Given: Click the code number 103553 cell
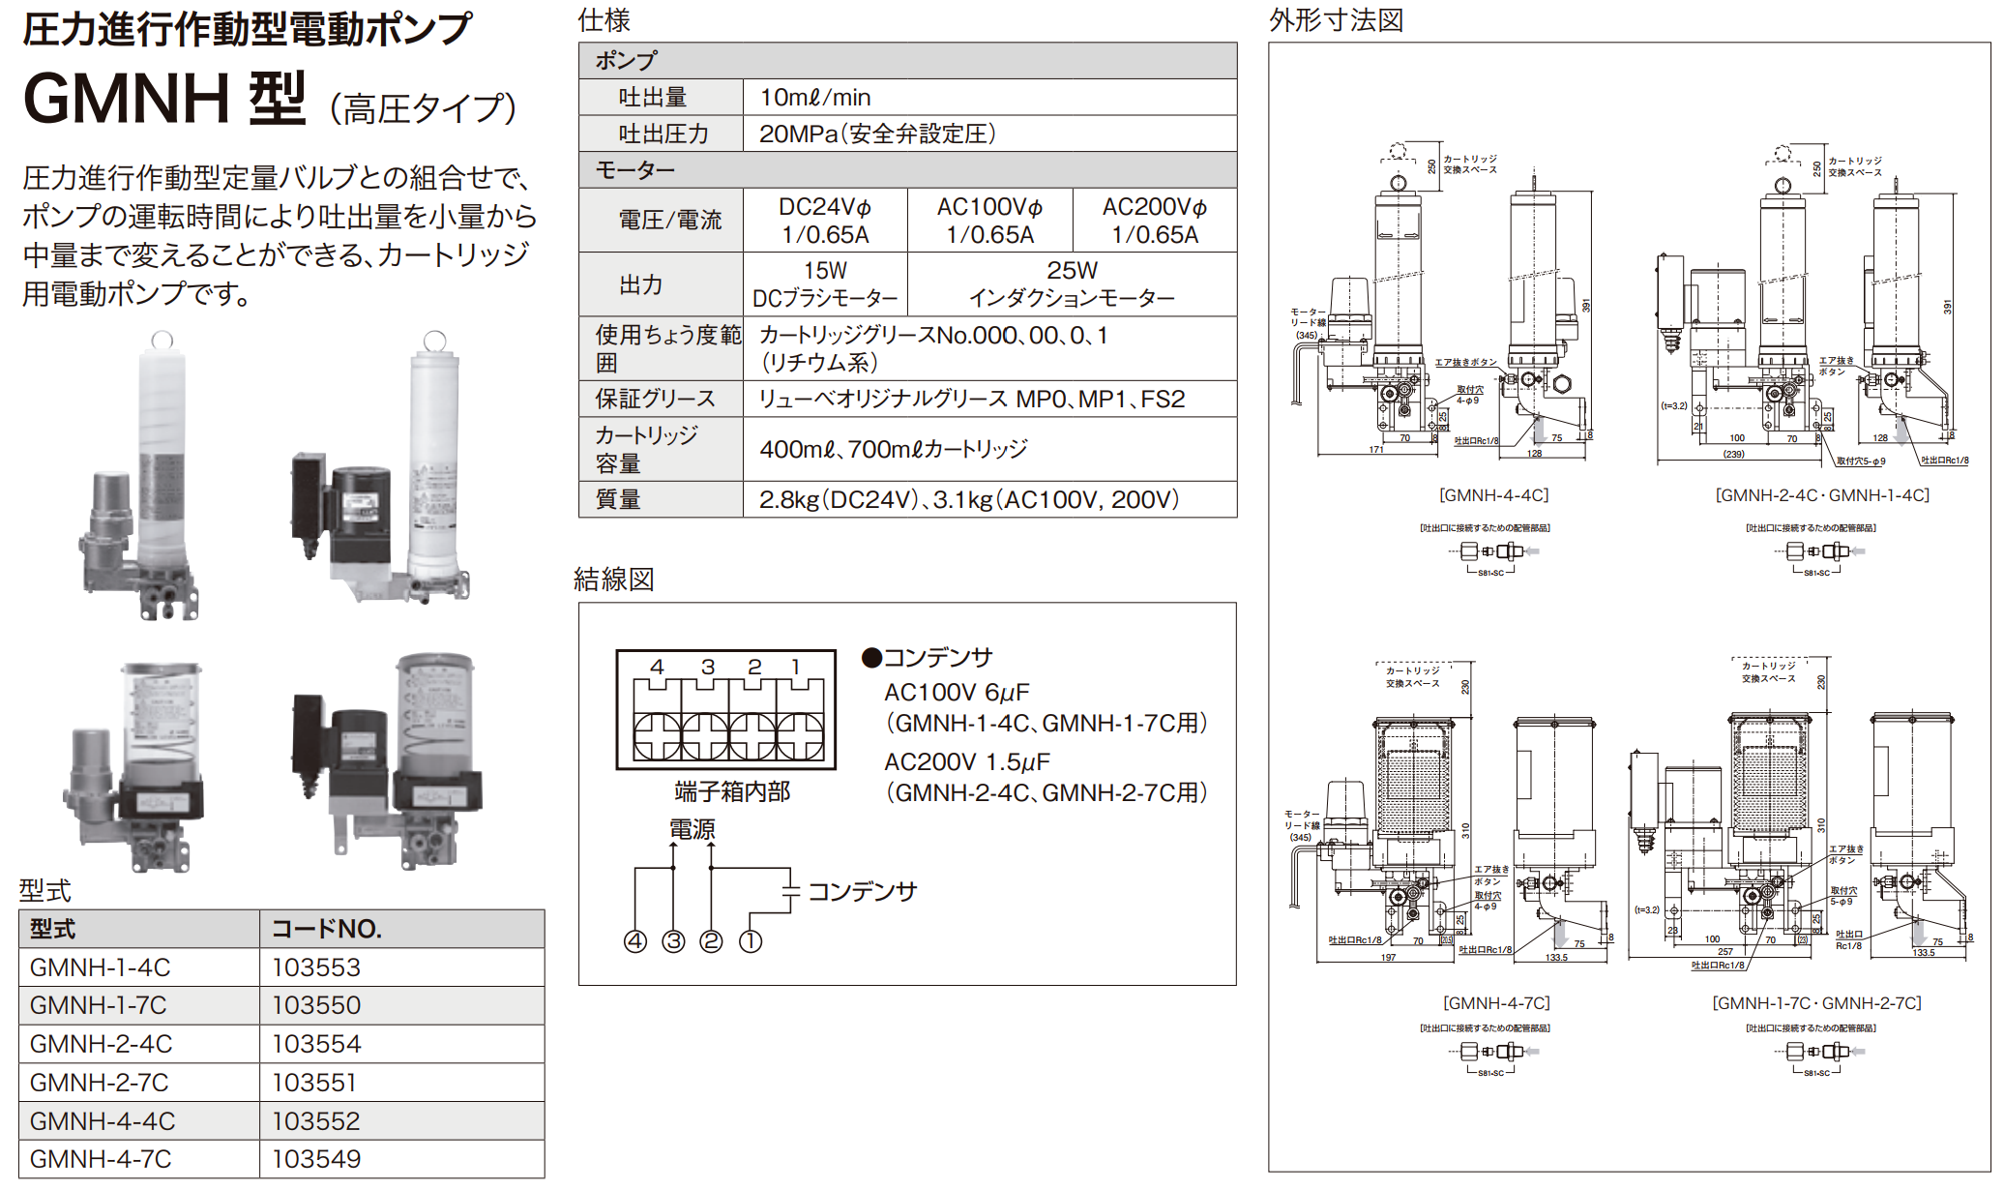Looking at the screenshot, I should [316, 967].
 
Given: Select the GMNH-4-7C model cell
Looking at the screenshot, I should [101, 1159].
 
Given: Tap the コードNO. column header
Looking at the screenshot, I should [327, 929].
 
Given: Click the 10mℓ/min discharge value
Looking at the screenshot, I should [815, 98].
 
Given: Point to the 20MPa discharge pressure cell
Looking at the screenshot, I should [877, 134].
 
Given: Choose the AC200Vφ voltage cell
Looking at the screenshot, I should [1154, 221].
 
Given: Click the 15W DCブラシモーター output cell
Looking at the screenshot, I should [825, 284].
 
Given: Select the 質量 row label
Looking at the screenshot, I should [618, 499].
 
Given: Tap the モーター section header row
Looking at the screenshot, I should [635, 170].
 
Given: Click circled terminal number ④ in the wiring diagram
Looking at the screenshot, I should [635, 941].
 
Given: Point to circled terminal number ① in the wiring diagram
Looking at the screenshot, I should [751, 941].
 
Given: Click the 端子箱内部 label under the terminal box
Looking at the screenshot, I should [732, 792].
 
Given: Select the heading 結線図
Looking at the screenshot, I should [614, 580].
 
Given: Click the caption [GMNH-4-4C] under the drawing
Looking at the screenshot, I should [1493, 495].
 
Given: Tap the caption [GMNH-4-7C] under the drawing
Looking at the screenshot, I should [1495, 1003].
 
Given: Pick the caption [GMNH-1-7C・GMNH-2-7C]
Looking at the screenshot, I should [1816, 1003].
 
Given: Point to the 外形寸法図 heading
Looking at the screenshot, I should [1336, 20].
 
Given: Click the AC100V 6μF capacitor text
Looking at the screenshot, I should [957, 693].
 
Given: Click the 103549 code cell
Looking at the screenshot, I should [316, 1159].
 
